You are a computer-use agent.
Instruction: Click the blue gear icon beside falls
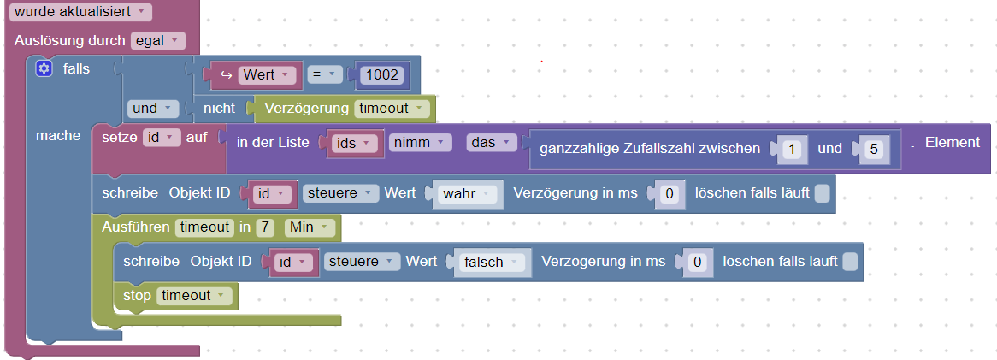(x=44, y=68)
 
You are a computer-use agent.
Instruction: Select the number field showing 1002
(x=381, y=75)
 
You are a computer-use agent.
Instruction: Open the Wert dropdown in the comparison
(x=267, y=75)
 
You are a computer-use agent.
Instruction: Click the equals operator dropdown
(x=324, y=75)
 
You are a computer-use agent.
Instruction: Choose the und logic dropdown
(x=152, y=108)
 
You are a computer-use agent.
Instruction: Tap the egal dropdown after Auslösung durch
(x=157, y=41)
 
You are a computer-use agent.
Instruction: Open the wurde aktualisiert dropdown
(x=80, y=11)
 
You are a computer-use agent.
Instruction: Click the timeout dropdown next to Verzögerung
(x=391, y=108)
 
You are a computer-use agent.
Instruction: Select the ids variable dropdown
(x=352, y=143)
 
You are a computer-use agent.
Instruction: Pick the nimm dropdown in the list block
(x=421, y=143)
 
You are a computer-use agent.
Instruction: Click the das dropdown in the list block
(x=492, y=143)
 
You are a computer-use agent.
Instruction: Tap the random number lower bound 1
(x=792, y=149)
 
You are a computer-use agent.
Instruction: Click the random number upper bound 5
(x=873, y=149)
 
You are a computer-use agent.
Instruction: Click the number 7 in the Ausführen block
(x=265, y=227)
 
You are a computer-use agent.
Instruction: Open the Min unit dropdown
(x=309, y=227)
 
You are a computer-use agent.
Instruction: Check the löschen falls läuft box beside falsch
(x=849, y=262)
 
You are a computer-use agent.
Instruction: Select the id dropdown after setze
(x=161, y=137)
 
